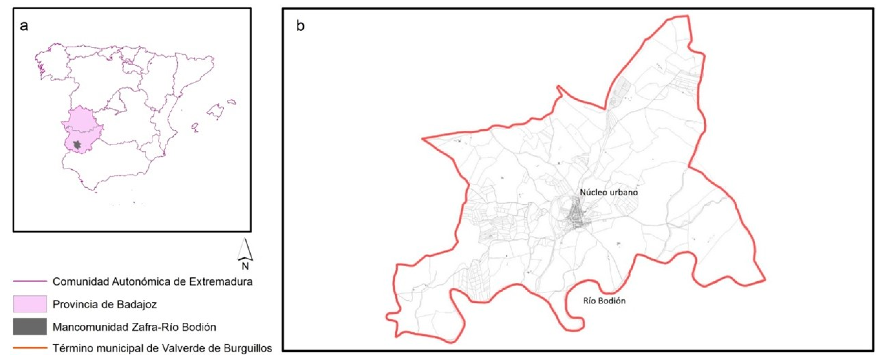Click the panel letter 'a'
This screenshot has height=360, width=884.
(x=24, y=26)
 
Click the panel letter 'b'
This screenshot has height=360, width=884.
(x=300, y=26)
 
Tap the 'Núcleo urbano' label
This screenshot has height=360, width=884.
(x=609, y=192)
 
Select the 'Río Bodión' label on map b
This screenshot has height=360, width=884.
(x=604, y=301)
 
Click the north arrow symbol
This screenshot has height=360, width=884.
(x=245, y=250)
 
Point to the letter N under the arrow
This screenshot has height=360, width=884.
(x=245, y=266)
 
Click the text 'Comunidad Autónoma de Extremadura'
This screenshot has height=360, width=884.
(x=152, y=281)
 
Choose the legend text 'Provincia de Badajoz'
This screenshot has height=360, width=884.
(x=105, y=304)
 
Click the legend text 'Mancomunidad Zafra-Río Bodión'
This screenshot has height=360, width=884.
(x=134, y=327)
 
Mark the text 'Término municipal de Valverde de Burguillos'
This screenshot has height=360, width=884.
(x=162, y=348)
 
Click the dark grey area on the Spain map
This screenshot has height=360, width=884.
(x=77, y=145)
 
